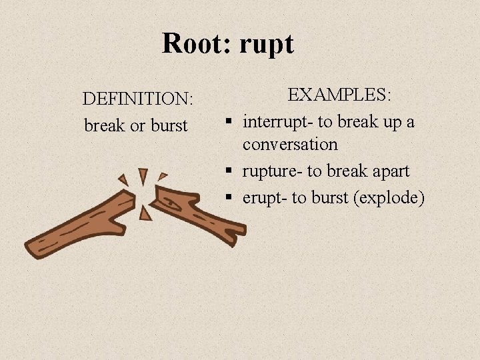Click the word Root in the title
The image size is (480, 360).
point(191,44)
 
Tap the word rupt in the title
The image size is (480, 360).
point(265,44)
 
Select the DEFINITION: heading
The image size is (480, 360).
point(138,99)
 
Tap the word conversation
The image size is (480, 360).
point(290,144)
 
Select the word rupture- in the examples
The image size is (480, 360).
point(272,171)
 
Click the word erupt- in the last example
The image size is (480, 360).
point(264,198)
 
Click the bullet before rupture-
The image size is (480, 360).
point(228,172)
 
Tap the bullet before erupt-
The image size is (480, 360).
point(228,199)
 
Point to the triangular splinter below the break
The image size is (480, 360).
point(145,213)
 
